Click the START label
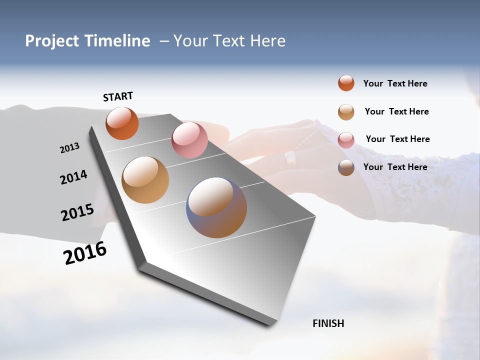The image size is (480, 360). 118,96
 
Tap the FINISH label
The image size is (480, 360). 328,323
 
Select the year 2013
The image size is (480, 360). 69,148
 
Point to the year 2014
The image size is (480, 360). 73,177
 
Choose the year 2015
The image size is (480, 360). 77,212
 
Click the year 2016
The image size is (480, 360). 85,253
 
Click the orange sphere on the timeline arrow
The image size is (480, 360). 122,123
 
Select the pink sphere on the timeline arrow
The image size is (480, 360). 189,140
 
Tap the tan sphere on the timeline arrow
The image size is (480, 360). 145,180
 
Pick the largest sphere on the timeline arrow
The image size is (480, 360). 216,207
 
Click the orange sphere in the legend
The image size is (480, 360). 346,83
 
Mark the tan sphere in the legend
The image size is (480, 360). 346,111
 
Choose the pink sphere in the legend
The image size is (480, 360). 346,139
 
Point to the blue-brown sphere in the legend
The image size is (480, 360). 346,167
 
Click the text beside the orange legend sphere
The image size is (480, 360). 395,83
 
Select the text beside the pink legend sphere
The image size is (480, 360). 397,139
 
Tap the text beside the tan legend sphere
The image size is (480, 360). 396,111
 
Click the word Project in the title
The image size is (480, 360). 51,41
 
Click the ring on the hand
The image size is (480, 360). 290,158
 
